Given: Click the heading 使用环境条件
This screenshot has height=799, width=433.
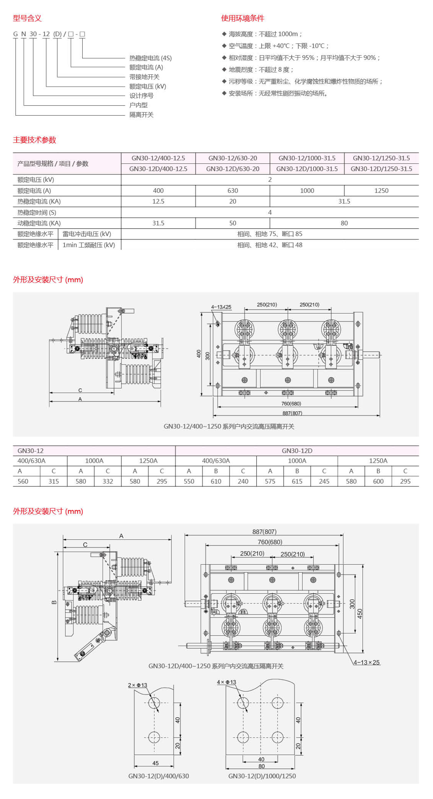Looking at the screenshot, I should click(242, 18).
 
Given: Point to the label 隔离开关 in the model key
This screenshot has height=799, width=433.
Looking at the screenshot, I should click(141, 115).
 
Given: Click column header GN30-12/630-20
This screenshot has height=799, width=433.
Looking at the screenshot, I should click(233, 158).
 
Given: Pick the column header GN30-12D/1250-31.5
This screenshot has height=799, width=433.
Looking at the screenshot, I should click(381, 169).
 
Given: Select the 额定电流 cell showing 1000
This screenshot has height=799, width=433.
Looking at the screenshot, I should click(307, 191).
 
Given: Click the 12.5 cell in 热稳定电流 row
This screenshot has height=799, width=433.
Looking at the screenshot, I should click(158, 202).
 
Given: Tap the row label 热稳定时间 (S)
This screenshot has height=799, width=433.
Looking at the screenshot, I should click(37, 213).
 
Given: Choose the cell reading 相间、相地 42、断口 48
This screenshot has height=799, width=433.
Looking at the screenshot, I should click(270, 245).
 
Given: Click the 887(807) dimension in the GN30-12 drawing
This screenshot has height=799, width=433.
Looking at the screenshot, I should click(292, 413).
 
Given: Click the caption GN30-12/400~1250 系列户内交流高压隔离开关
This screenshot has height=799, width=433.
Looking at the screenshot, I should click(229, 426).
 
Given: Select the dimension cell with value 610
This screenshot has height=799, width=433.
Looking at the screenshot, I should click(216, 481).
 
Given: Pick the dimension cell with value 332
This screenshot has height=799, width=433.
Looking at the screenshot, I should click(108, 481).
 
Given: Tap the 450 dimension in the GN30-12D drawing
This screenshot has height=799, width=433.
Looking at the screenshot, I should click(360, 614).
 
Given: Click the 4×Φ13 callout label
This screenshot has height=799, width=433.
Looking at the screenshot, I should click(226, 682).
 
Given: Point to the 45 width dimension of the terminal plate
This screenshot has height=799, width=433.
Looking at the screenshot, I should click(155, 763).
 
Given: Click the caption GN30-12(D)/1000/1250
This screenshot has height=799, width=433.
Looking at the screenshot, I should click(262, 776).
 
